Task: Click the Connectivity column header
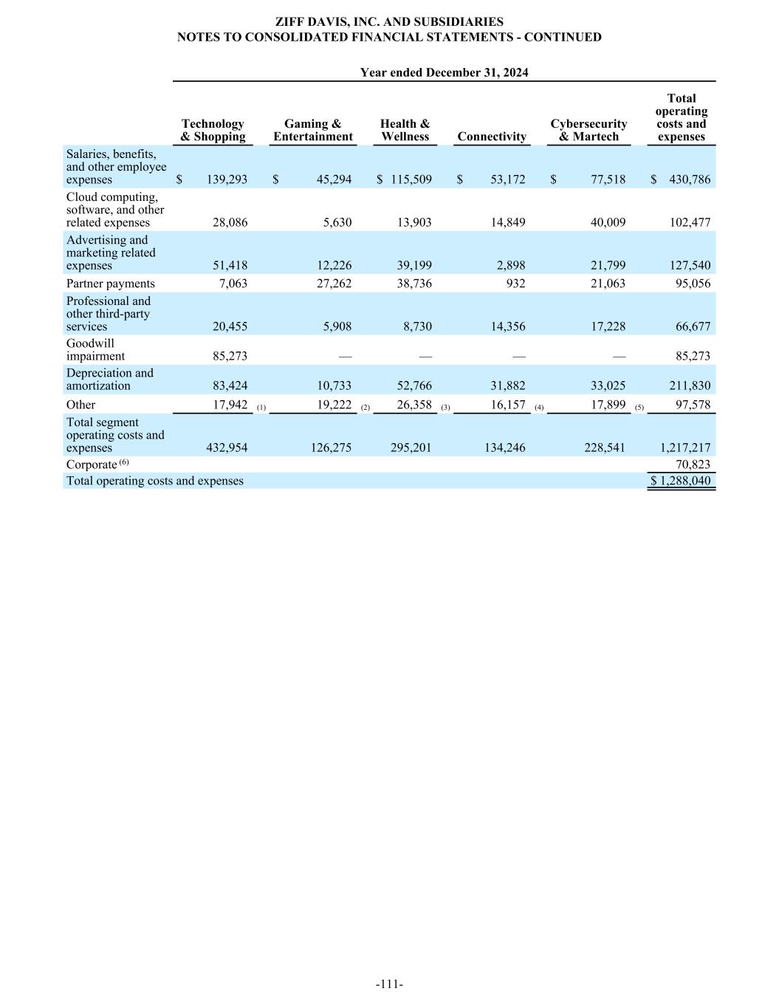492,137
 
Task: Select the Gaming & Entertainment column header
313,130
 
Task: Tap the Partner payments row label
111,284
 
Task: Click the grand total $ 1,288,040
680,481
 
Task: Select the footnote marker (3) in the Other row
445,408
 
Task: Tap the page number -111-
389,984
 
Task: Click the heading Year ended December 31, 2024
444,72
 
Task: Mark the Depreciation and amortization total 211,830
687,385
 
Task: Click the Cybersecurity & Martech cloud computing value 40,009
605,222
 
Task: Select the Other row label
81,405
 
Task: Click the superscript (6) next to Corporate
124,462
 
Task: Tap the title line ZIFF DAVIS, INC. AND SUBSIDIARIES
389,22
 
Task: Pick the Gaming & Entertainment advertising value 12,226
334,265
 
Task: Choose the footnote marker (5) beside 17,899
639,408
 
